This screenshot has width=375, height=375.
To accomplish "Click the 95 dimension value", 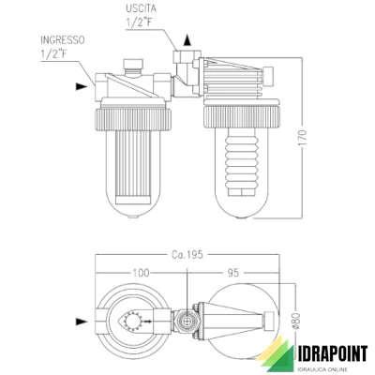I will [x=233, y=273].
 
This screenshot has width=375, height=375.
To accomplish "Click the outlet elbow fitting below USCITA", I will [x=185, y=69].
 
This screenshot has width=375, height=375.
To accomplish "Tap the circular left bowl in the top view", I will [x=135, y=324].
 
